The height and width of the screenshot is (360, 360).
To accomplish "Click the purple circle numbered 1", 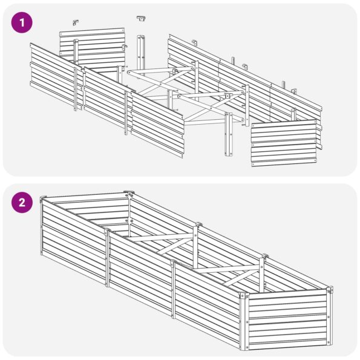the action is pyautogui.click(x=22, y=23).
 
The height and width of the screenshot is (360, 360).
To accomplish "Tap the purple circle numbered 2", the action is pyautogui.click(x=22, y=203).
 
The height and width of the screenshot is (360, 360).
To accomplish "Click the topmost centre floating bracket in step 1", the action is pyautogui.click(x=141, y=18).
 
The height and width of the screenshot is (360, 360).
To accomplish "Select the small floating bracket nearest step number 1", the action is pyautogui.click(x=76, y=22).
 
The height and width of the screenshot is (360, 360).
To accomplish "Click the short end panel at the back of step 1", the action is pyautogui.click(x=93, y=48).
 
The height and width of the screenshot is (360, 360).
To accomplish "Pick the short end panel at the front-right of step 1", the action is pyautogui.click(x=284, y=142).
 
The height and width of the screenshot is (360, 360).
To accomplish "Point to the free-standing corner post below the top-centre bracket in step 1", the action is pyautogui.click(x=140, y=55).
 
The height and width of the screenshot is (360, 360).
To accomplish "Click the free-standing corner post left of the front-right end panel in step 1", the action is pyautogui.click(x=229, y=134).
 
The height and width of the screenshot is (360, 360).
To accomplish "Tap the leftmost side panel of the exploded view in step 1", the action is pyautogui.click(x=56, y=77).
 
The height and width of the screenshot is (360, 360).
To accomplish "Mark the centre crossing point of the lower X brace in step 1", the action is pyautogui.click(x=211, y=107).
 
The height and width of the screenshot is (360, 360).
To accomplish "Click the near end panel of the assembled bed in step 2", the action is pyautogui.click(x=288, y=319).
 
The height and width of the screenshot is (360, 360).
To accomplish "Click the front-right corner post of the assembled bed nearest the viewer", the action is pyautogui.click(x=244, y=321).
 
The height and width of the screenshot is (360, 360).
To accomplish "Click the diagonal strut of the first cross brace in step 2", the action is pyautogui.click(x=169, y=247).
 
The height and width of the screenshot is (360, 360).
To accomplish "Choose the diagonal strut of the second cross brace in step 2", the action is pyautogui.click(x=237, y=278).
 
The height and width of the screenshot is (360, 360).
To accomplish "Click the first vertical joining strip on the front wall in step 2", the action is pyautogui.click(x=107, y=258).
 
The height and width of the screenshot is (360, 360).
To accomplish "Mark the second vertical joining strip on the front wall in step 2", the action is pyautogui.click(x=173, y=289).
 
